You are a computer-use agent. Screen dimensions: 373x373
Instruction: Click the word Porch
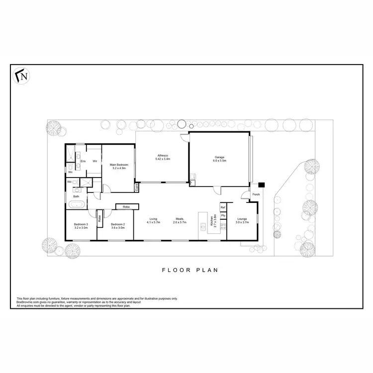tap(256, 194)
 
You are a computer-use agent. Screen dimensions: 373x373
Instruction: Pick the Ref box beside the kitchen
tap(223, 207)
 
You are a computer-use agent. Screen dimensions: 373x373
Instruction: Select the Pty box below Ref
tap(223, 215)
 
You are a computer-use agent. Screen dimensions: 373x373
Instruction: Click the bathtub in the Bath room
tap(77, 204)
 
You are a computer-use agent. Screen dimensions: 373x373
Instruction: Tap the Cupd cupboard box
tap(136, 187)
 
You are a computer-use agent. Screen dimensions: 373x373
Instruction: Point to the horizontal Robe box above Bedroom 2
tap(126, 206)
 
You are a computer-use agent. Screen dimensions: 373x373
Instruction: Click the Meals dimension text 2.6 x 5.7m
tap(179, 222)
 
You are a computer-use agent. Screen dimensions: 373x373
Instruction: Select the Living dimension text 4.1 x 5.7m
tap(153, 222)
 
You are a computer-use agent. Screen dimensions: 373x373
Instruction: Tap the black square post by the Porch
tap(262, 185)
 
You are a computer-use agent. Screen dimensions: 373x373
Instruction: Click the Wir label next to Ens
tap(94, 161)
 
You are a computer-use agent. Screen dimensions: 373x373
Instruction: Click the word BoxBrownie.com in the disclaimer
tap(27, 302)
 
